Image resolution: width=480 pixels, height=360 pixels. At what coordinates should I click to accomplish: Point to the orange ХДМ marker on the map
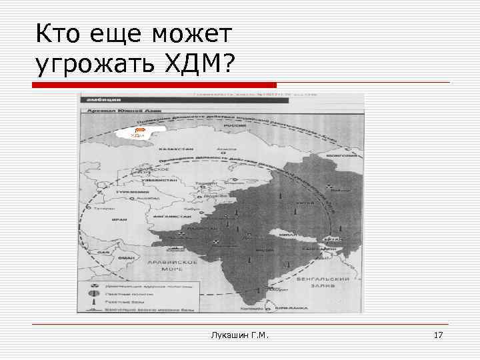(136, 133)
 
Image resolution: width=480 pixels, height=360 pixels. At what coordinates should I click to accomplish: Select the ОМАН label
(125, 258)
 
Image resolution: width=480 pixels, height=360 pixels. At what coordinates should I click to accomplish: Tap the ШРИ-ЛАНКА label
(293, 307)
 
